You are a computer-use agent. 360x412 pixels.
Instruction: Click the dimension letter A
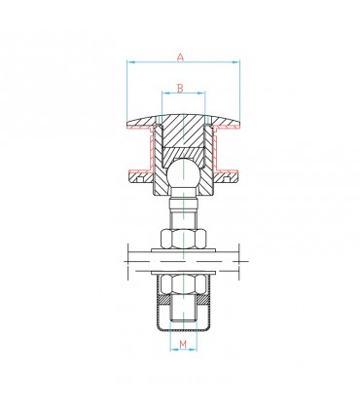(180, 57)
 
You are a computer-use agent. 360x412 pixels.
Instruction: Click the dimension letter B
(181, 89)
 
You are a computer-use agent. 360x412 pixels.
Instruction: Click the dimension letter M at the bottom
(181, 344)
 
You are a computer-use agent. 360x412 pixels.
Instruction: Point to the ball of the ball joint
(181, 177)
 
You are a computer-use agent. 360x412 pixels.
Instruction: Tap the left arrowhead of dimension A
(129, 64)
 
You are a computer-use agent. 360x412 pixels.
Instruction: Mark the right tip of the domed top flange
(238, 122)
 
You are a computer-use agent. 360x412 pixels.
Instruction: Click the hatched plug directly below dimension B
(181, 131)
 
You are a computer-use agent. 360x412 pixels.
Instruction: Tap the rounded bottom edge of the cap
(181, 327)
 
